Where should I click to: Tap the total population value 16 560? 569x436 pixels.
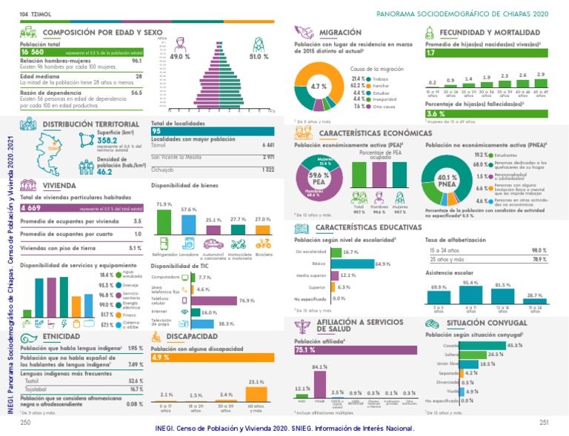(34, 53)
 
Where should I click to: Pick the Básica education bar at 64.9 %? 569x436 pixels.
(353, 264)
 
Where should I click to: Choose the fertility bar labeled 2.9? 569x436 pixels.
(540, 83)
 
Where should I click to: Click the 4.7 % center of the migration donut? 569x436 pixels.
(319, 87)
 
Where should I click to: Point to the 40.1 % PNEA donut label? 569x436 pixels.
(447, 181)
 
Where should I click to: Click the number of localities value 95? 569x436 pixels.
(156, 131)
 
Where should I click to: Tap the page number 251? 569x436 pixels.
(543, 421)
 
